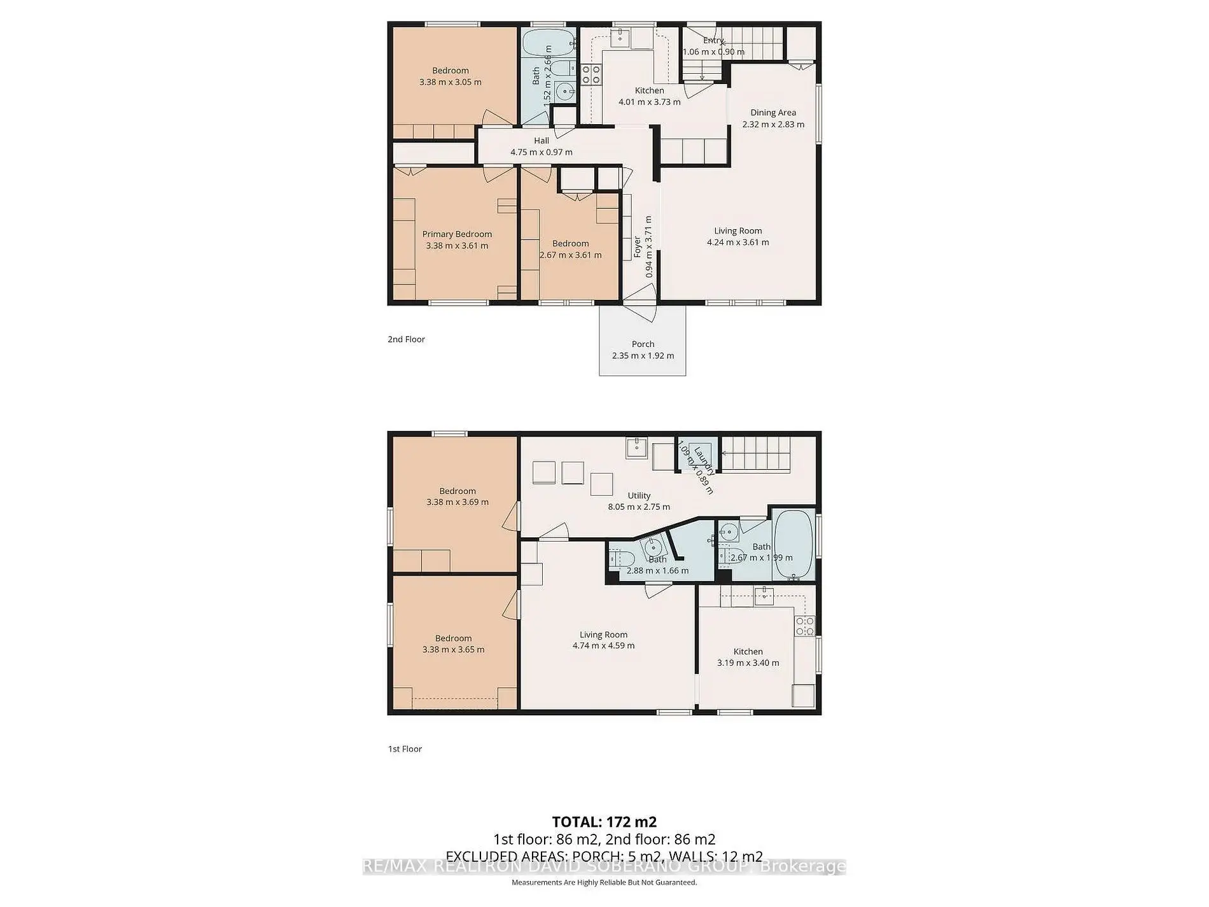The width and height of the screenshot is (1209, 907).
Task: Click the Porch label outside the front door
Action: [x=643, y=344]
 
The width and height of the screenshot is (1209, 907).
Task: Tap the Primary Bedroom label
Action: [x=457, y=234]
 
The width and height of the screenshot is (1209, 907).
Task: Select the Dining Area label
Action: [x=772, y=113]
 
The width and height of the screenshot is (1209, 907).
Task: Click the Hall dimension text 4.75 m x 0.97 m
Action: [x=541, y=152]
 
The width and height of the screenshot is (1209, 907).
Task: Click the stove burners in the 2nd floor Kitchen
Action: [x=591, y=75]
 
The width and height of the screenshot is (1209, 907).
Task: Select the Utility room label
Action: [x=639, y=496]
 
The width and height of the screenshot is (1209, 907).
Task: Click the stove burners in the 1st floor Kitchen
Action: [x=804, y=626]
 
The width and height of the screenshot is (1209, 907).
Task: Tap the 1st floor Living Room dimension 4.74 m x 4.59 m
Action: [x=603, y=645]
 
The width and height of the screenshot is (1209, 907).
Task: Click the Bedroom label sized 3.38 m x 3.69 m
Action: [x=458, y=491]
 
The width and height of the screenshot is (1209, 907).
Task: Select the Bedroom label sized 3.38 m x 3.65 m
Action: [x=453, y=638]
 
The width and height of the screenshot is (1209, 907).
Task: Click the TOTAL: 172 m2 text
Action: [x=604, y=822]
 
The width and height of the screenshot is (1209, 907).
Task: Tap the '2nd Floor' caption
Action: [x=406, y=339]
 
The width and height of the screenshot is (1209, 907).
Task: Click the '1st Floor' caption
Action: [x=405, y=749]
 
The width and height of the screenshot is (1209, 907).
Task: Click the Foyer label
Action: [x=637, y=247]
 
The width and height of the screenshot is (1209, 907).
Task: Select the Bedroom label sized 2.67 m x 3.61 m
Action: [x=570, y=244]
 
